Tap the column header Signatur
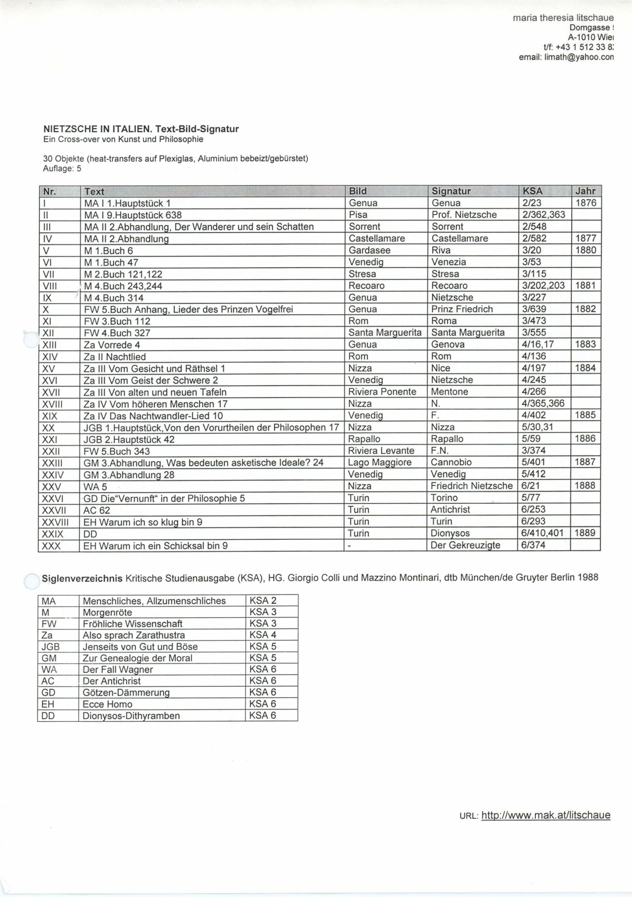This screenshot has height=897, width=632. [451, 191]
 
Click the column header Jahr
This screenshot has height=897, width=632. [585, 191]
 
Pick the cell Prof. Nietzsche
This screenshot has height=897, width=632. [464, 215]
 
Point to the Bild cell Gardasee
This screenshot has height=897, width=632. [369, 250]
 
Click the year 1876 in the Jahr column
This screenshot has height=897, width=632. [585, 203]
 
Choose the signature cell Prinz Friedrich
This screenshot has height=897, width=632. [462, 309]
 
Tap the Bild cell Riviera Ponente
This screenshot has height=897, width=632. [382, 392]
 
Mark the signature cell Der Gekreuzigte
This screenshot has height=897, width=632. [465, 545]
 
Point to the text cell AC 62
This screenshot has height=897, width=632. [97, 510]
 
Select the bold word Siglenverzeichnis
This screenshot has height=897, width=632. [82, 578]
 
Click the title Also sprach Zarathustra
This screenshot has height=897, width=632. [134, 636]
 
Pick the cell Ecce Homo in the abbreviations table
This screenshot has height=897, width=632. [107, 704]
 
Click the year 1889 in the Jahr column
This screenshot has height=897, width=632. [585, 533]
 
